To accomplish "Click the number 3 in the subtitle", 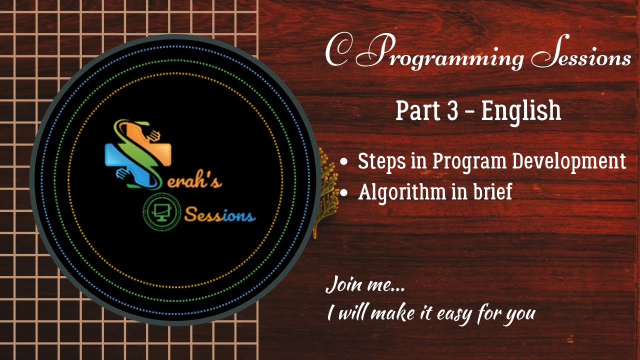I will [452, 110].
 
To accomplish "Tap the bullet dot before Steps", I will [343, 162].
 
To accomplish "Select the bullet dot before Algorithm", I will [343, 192].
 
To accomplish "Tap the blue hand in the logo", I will [122, 173].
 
